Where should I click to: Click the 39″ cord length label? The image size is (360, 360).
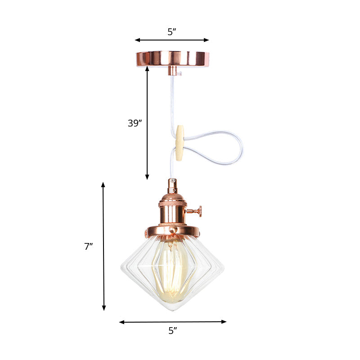point(135,123)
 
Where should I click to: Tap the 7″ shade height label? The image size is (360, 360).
point(88,246)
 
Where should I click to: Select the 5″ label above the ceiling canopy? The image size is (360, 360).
point(172,32)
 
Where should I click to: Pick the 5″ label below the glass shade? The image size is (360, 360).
point(173,331)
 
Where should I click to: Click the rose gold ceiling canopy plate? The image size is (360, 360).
point(172,58)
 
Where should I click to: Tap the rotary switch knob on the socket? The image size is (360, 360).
point(198,210)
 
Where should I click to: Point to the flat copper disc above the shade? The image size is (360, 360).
point(172,230)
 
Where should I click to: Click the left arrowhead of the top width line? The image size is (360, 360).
point(137,40)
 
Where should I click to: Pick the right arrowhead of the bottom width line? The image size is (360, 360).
point(225,321)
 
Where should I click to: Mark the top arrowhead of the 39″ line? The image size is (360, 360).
point(147,68)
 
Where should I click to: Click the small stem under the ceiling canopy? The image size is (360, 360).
point(172,71)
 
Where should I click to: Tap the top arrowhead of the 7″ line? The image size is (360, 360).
point(103,184)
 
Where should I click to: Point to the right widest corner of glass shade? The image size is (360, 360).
point(223,269)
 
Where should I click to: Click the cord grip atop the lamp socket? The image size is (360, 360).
point(172,184)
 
